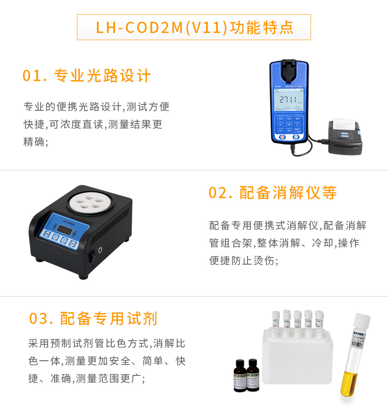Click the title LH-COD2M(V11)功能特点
(194, 27)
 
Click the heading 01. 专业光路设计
(87, 76)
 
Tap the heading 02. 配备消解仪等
(273, 193)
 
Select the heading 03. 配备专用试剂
(93, 319)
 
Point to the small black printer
(345, 137)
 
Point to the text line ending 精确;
(36, 142)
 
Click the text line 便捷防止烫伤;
(244, 260)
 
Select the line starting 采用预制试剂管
(107, 344)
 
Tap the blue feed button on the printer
(345, 134)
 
